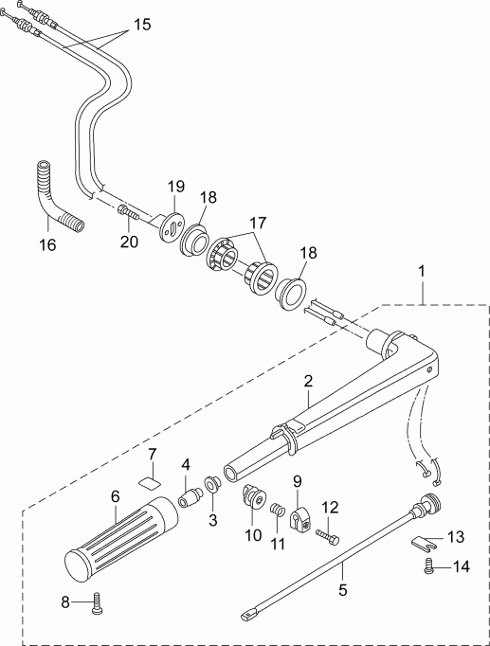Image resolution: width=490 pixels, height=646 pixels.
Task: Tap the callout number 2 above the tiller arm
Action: click(307, 381)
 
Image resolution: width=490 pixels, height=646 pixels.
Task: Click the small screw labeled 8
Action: click(96, 603)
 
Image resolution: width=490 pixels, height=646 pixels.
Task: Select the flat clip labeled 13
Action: click(426, 544)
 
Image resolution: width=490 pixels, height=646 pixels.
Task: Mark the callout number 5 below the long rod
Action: click(343, 589)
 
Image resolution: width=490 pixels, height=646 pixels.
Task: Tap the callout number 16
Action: click(45, 244)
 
